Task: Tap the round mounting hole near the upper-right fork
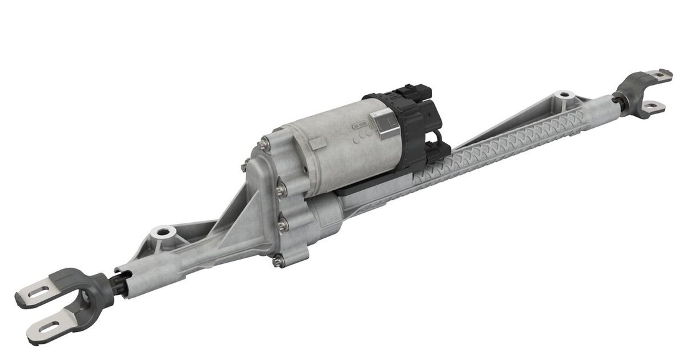coord(565,95)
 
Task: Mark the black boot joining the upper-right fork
coord(619,98)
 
